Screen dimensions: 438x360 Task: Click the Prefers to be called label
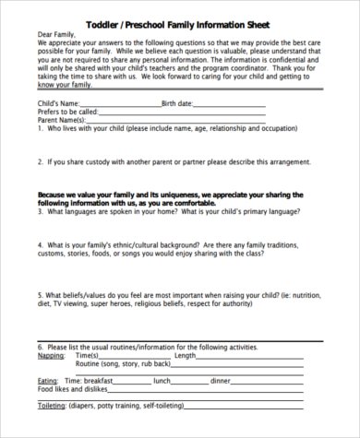[x=70, y=112]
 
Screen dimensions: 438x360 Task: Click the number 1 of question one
[x=41, y=129]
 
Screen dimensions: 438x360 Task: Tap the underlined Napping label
[x=52, y=355]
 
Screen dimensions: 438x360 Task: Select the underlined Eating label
[x=48, y=380]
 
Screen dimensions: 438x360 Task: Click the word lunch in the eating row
[x=162, y=380]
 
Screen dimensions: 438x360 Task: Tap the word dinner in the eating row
[x=221, y=380]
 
